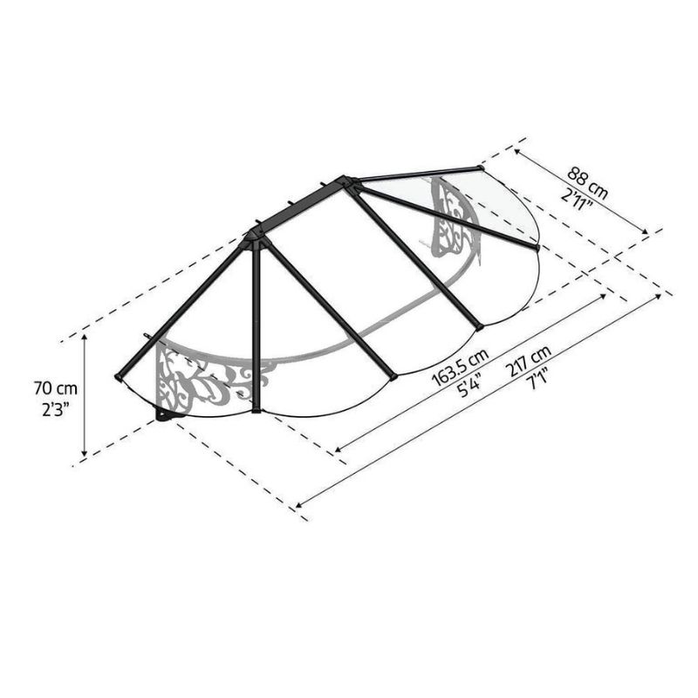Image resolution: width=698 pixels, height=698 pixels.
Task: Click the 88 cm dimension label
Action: (587, 182)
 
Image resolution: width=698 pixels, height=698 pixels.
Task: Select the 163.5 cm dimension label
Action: (461, 366)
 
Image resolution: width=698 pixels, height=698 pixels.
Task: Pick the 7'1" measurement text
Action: (537, 380)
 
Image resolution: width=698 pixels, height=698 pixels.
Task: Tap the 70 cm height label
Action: (56, 388)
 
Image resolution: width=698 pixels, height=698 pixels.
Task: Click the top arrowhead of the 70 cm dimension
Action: (84, 337)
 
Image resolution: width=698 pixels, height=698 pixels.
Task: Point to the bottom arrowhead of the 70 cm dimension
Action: (84, 453)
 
